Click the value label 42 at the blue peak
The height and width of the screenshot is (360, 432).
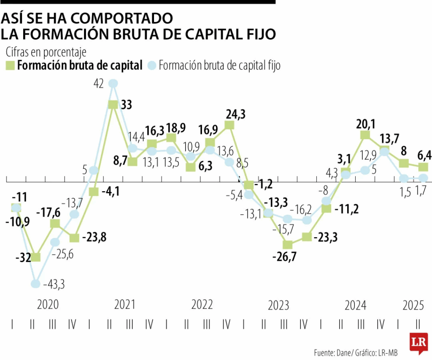(99, 84)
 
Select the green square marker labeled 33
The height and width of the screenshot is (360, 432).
(113, 105)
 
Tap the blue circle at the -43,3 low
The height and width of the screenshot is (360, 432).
(36, 284)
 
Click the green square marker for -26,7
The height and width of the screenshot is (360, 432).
(288, 244)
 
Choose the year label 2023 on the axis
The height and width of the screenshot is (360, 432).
(278, 305)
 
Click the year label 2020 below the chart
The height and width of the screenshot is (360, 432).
(48, 305)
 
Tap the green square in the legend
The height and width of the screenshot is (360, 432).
(10, 65)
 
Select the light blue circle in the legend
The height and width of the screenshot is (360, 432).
(152, 65)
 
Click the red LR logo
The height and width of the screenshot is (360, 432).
(418, 342)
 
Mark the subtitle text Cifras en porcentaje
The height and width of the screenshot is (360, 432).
(46, 52)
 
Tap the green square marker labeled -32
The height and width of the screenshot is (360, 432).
(36, 257)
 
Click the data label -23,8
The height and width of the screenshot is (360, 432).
(93, 237)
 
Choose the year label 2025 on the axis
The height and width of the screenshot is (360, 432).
(413, 305)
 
